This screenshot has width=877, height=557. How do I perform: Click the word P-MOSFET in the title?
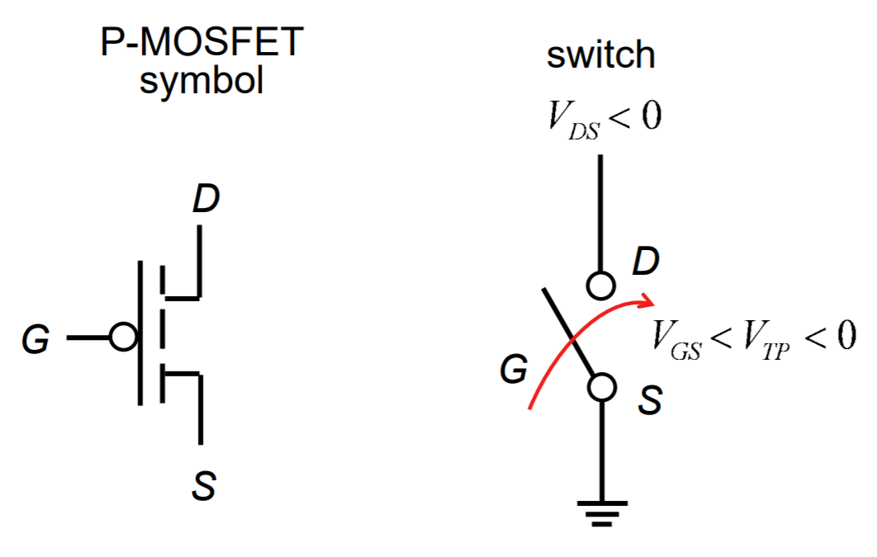pos(201,44)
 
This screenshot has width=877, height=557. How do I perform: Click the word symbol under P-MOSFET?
pos(201,81)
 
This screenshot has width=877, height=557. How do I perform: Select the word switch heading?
pos(600,55)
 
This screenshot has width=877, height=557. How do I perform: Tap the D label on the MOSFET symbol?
pos(206,201)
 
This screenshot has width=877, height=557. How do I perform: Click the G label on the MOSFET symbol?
pos(36,339)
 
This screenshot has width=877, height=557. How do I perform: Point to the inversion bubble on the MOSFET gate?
pos(123,338)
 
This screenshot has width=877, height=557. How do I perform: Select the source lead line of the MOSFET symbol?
pos(199,408)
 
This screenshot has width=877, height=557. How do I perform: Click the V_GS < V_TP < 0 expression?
pos(752,339)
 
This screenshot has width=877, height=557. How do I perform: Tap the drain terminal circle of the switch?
pos(600,286)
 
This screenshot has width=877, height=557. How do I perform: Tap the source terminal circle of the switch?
pos(602,386)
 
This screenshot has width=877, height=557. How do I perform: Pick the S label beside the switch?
pos(651,402)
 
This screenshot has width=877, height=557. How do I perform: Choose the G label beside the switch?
pos(514,371)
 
